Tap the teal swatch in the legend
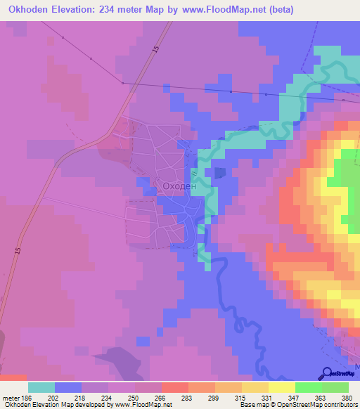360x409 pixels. click(41, 387)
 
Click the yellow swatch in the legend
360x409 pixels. click(281, 387)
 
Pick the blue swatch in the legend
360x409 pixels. click(68, 387)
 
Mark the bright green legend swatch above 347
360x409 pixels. click(308, 387)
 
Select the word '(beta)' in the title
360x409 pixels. click(280, 10)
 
